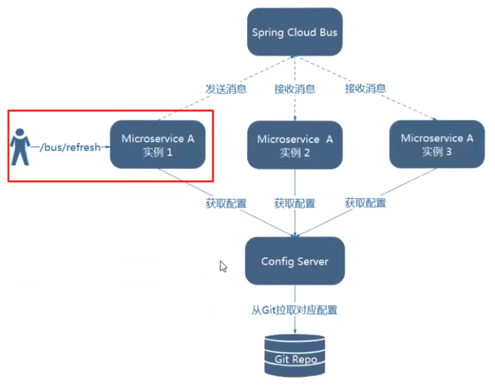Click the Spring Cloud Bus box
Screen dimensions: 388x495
(294, 32)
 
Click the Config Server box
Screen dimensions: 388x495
(294, 261)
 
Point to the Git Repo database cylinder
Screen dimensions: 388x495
(295, 355)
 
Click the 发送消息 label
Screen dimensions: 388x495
(226, 88)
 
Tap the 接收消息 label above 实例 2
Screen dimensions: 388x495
(294, 88)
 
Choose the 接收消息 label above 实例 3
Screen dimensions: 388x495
(365, 88)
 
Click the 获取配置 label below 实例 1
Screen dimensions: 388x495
(226, 203)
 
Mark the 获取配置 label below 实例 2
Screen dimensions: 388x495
(294, 203)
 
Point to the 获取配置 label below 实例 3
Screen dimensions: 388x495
(365, 203)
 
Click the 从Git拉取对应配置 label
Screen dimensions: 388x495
(294, 310)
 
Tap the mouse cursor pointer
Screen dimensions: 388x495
(223, 266)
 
